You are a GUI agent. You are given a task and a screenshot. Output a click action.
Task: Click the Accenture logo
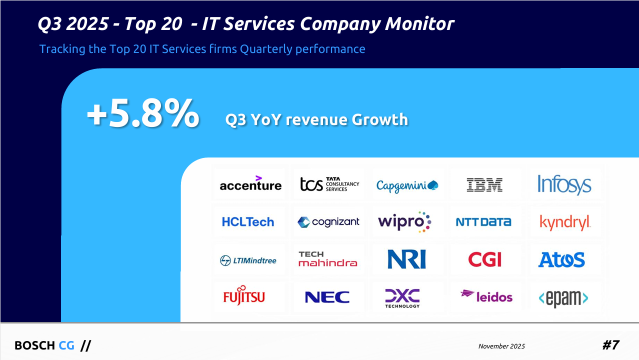tap(250, 184)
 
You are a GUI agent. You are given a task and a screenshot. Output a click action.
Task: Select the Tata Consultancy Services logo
tap(329, 184)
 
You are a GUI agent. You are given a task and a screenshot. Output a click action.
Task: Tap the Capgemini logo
tap(407, 185)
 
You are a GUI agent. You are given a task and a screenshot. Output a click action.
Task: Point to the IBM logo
tap(484, 185)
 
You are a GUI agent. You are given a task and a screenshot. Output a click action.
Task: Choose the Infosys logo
tap(564, 184)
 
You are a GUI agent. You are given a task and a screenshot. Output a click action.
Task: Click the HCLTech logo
tap(248, 221)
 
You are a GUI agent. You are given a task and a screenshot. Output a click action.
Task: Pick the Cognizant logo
tap(328, 222)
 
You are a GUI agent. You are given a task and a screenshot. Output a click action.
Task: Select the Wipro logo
tap(404, 221)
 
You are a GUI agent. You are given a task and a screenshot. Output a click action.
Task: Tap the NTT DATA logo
tap(483, 222)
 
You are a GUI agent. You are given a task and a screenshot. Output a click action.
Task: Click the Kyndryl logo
tap(565, 222)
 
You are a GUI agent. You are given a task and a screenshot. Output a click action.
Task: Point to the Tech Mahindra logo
tap(327, 259)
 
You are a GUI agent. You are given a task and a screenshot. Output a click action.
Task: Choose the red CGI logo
tap(484, 259)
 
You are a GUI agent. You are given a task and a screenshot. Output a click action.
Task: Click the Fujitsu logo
tap(244, 296)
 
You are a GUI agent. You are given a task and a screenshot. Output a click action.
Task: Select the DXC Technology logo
tap(402, 297)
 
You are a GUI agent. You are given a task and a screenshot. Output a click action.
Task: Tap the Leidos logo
tap(486, 296)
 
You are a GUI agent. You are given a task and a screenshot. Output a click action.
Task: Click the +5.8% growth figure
tap(143, 114)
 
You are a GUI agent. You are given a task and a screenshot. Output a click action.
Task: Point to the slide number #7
tap(610, 345)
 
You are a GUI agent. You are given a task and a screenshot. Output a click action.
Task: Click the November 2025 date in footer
tap(501, 346)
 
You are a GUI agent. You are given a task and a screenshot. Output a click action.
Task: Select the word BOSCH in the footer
tap(34, 345)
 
